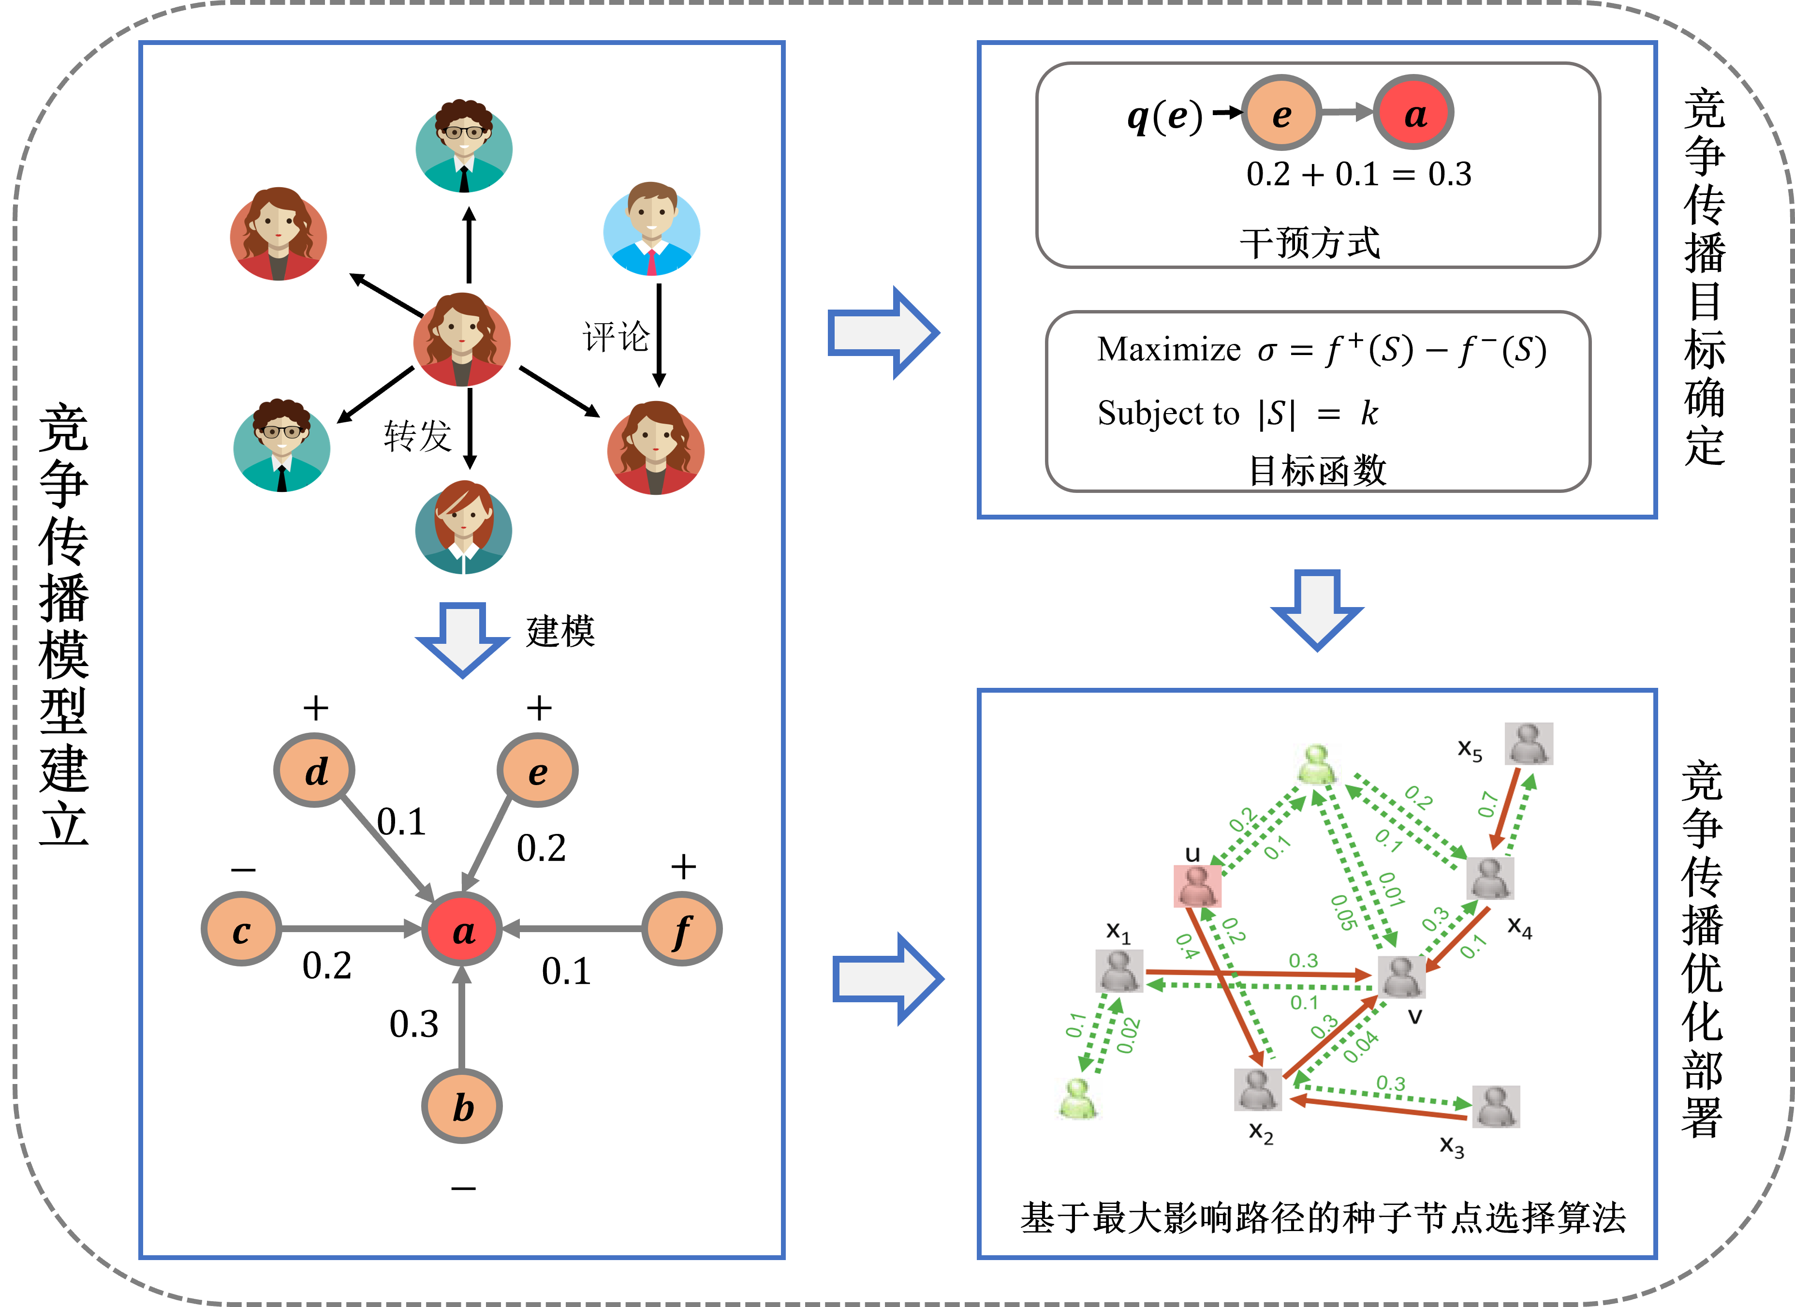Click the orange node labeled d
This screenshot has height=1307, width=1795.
click(314, 770)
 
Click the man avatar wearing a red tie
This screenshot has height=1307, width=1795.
click(651, 230)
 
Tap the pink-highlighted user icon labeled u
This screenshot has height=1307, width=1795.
click(1197, 886)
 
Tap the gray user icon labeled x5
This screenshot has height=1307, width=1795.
click(1528, 743)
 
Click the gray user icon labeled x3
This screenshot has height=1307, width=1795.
click(1495, 1106)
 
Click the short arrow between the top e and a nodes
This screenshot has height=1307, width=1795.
click(1346, 112)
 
